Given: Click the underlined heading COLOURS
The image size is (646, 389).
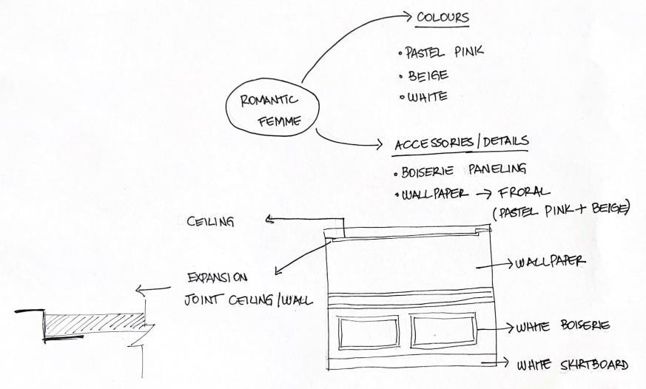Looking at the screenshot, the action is tap(443, 17).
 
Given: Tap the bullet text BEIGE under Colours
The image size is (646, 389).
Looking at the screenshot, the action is tap(428, 75).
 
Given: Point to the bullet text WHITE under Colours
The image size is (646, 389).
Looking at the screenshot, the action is tap(427, 97).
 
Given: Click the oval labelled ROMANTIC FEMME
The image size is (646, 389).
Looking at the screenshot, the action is tap(269, 111).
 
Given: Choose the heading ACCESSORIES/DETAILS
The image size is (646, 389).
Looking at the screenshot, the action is tap(463, 141).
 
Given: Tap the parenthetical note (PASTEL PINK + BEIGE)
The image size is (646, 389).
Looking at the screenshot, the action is tap(560, 212).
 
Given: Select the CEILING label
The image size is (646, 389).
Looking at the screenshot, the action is tap(212, 221).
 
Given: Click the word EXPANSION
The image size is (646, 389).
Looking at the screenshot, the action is tap(217, 279).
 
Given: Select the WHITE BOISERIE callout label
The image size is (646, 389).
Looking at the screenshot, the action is tap(562, 326).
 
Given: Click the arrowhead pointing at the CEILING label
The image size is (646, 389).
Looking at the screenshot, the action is tap(270, 219).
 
